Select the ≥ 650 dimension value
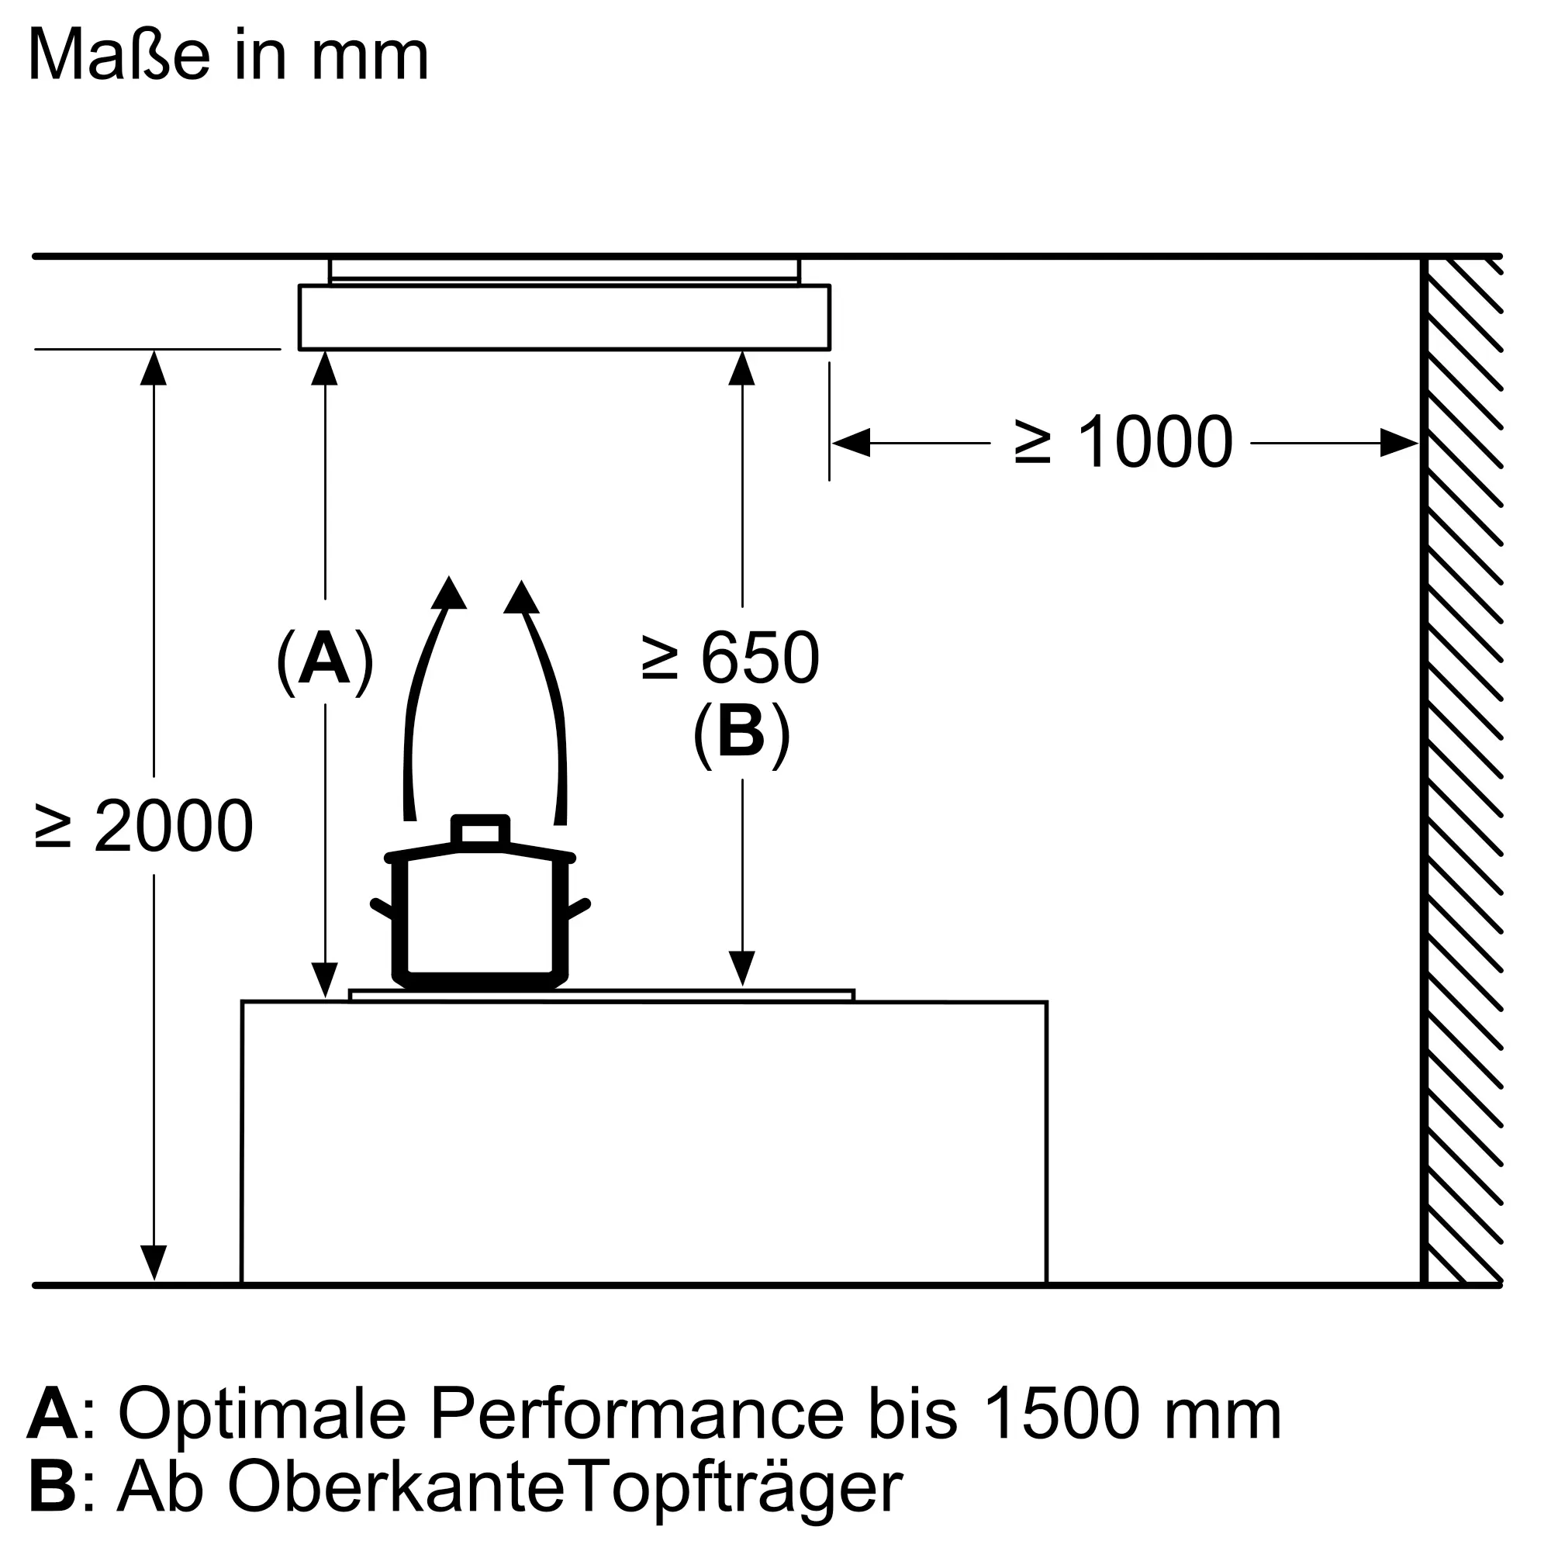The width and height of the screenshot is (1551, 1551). click(731, 658)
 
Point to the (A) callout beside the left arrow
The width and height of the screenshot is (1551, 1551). click(325, 661)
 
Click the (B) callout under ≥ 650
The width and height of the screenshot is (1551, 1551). click(742, 732)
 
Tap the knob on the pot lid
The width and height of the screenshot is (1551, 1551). click(480, 829)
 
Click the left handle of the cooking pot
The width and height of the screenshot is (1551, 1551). click(384, 910)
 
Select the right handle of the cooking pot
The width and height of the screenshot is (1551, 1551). click(578, 910)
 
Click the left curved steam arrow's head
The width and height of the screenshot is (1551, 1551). click(449, 593)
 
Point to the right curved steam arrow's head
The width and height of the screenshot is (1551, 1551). click(522, 596)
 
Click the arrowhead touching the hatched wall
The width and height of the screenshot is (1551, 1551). click(1399, 442)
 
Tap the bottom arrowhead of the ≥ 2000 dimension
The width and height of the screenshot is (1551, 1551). click(154, 1263)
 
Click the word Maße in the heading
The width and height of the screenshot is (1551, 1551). click(119, 54)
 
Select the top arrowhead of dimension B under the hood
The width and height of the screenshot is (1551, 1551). click(742, 368)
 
